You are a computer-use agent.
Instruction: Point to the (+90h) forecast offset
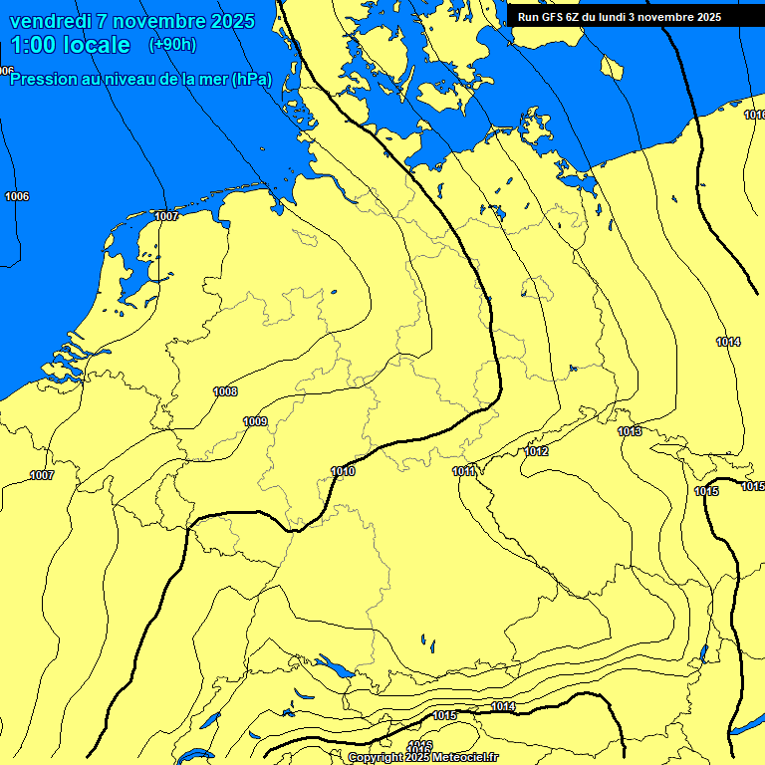172,45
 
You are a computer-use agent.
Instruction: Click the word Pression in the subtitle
44,80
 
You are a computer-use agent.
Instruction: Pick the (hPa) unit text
251,80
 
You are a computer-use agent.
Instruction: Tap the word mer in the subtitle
212,80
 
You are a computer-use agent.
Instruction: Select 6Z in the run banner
576,17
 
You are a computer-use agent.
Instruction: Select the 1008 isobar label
225,391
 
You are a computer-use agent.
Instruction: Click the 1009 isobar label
255,421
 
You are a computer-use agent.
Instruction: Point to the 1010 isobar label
343,471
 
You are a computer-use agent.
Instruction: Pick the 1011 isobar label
464,471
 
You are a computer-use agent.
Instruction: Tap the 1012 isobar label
537,451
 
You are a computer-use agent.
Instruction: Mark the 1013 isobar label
630,431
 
